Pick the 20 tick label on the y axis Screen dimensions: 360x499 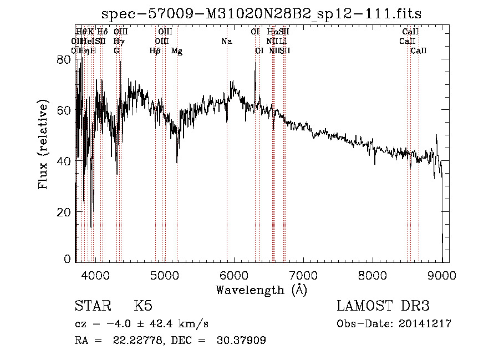65,212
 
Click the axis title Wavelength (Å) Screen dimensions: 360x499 261,290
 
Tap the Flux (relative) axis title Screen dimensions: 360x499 43,145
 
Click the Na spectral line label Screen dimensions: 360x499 226,42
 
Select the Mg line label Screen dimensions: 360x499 177,51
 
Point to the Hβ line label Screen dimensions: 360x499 155,51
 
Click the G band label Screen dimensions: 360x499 116,51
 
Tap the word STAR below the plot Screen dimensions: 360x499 91,306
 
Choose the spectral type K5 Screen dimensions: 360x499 143,306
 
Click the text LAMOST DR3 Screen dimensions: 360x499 383,306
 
